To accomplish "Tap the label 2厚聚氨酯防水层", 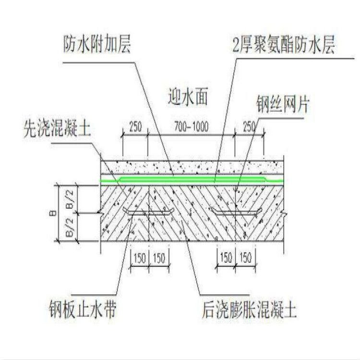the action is tap(284, 45).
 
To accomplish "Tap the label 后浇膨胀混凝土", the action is tap(249, 309).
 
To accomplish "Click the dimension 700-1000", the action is tap(192, 127).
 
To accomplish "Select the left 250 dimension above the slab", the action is tap(136, 127).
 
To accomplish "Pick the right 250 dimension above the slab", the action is tap(249, 127).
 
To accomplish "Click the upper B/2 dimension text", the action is tap(70, 200).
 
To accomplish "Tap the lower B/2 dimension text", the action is tap(70, 228).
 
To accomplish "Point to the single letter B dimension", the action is tap(53, 213).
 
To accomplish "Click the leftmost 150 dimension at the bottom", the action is tap(140, 258).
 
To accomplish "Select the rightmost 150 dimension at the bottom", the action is tap(246, 258).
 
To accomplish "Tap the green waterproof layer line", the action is tap(192, 180).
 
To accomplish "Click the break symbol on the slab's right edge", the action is tap(284, 214).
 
